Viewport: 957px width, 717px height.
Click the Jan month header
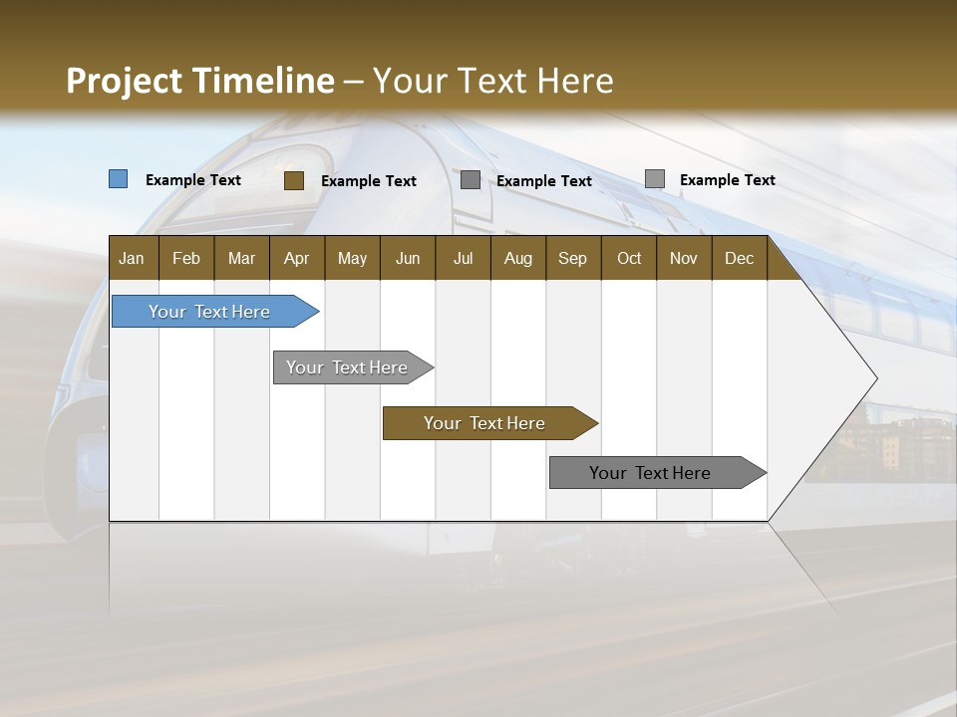[132, 258]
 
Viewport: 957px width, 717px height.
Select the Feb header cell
[186, 258]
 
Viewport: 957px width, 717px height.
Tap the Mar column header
[241, 258]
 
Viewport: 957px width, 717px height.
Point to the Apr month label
[296, 258]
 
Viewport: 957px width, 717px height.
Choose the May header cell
[352, 258]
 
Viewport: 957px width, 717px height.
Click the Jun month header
[408, 258]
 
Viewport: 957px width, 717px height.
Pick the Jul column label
[463, 258]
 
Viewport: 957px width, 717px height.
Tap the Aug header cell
[518, 258]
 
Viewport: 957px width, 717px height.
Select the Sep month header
[572, 258]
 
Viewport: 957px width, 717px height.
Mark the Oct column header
[629, 258]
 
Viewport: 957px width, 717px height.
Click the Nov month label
[684, 258]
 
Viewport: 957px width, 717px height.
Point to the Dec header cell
[739, 258]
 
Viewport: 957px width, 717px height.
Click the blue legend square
[119, 179]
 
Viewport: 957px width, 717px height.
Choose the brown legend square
[294, 180]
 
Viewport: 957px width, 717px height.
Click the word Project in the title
[126, 81]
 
